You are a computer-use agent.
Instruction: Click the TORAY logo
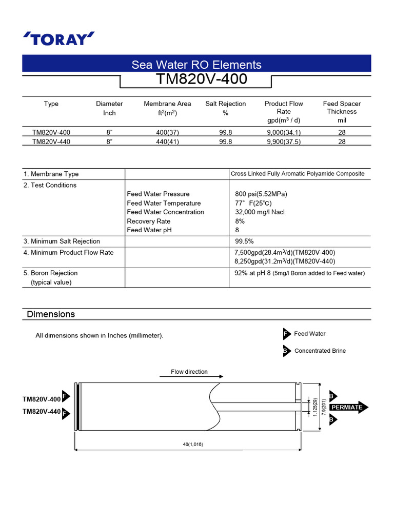(x=59, y=38)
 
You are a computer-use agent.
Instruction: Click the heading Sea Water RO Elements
(x=196, y=65)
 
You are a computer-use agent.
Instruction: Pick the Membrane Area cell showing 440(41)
(x=167, y=142)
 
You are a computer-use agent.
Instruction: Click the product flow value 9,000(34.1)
(x=283, y=132)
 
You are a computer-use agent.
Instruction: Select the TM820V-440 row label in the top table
(x=51, y=142)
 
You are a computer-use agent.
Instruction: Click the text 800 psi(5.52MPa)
(x=261, y=194)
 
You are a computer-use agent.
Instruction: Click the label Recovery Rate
(x=149, y=221)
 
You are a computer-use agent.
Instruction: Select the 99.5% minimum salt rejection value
(x=244, y=241)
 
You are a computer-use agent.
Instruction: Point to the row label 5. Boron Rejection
(x=51, y=273)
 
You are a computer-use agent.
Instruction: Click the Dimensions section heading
(x=51, y=314)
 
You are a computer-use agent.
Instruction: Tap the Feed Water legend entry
(x=309, y=334)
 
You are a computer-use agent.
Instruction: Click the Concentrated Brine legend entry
(x=320, y=351)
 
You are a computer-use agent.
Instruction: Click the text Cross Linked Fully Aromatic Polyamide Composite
(x=298, y=174)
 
